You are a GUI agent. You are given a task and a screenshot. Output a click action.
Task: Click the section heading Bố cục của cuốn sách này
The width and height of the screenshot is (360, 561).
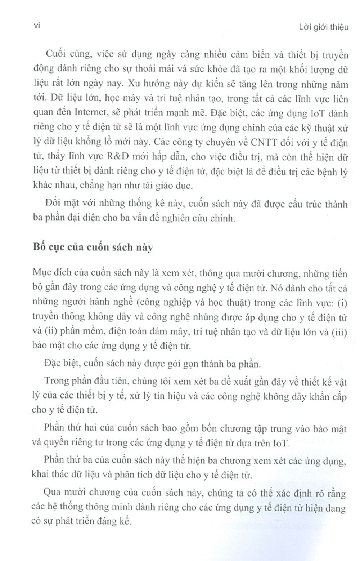click(x=93, y=248)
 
